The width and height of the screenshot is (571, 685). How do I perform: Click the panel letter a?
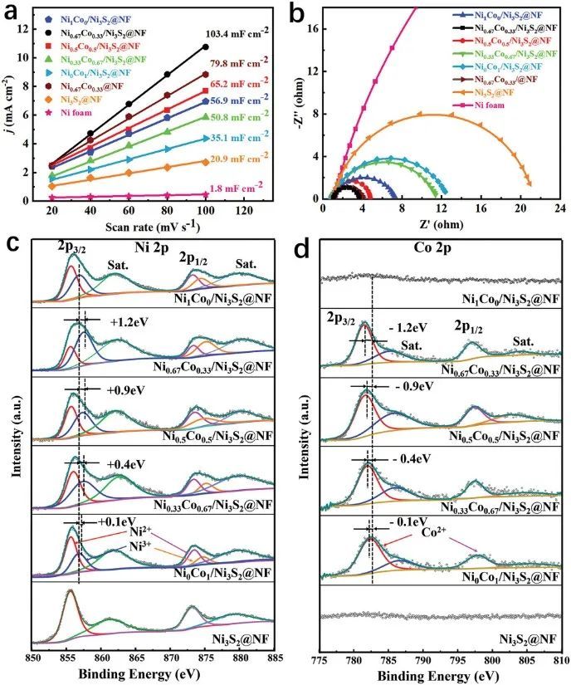pos(12,11)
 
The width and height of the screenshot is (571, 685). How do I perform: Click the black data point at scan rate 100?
pos(205,46)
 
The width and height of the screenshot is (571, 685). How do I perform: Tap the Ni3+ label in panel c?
pos(138,547)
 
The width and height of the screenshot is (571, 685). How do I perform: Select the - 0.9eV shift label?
pos(400,388)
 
